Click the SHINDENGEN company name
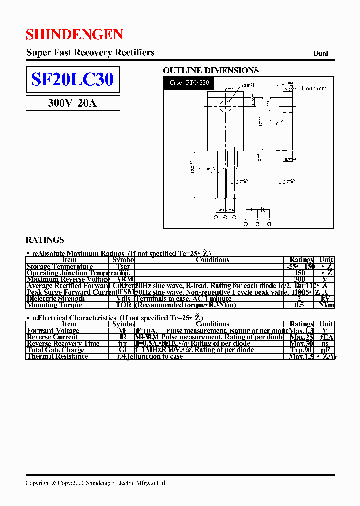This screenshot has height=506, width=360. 74,34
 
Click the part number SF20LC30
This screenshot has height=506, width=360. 73,79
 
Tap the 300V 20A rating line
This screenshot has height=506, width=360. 72,103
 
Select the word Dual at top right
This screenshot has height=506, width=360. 321,54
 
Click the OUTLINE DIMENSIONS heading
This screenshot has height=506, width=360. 211,71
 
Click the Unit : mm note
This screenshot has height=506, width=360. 314,88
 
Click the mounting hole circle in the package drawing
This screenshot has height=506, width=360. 225,105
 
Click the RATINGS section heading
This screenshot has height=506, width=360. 45,240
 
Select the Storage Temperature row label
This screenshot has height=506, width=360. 60,267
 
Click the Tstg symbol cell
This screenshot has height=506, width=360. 123,267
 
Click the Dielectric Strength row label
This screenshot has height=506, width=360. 56,299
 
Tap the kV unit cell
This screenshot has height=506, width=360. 326,299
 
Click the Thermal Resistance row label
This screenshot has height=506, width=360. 57,356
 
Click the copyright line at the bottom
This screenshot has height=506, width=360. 95,483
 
